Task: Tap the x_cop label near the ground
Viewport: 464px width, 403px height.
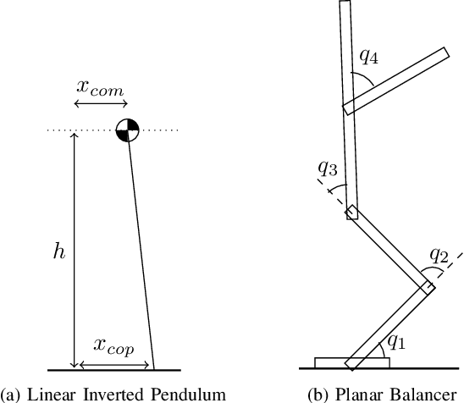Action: (113, 345)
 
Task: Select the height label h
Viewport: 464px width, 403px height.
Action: (58, 251)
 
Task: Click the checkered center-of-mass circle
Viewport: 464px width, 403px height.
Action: (126, 130)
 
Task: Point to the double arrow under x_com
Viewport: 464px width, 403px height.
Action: (100, 103)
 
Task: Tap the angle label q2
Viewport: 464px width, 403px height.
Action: (439, 255)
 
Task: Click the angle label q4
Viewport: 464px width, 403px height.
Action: (369, 57)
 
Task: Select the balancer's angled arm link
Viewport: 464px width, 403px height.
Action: (395, 80)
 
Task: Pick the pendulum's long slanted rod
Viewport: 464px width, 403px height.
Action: (142, 254)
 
